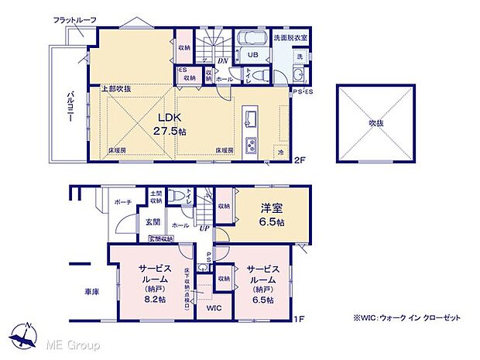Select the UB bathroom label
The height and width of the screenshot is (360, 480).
tap(252, 55)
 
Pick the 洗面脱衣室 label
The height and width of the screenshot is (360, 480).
tap(290, 37)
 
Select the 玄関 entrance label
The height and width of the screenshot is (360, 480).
tap(153, 224)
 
